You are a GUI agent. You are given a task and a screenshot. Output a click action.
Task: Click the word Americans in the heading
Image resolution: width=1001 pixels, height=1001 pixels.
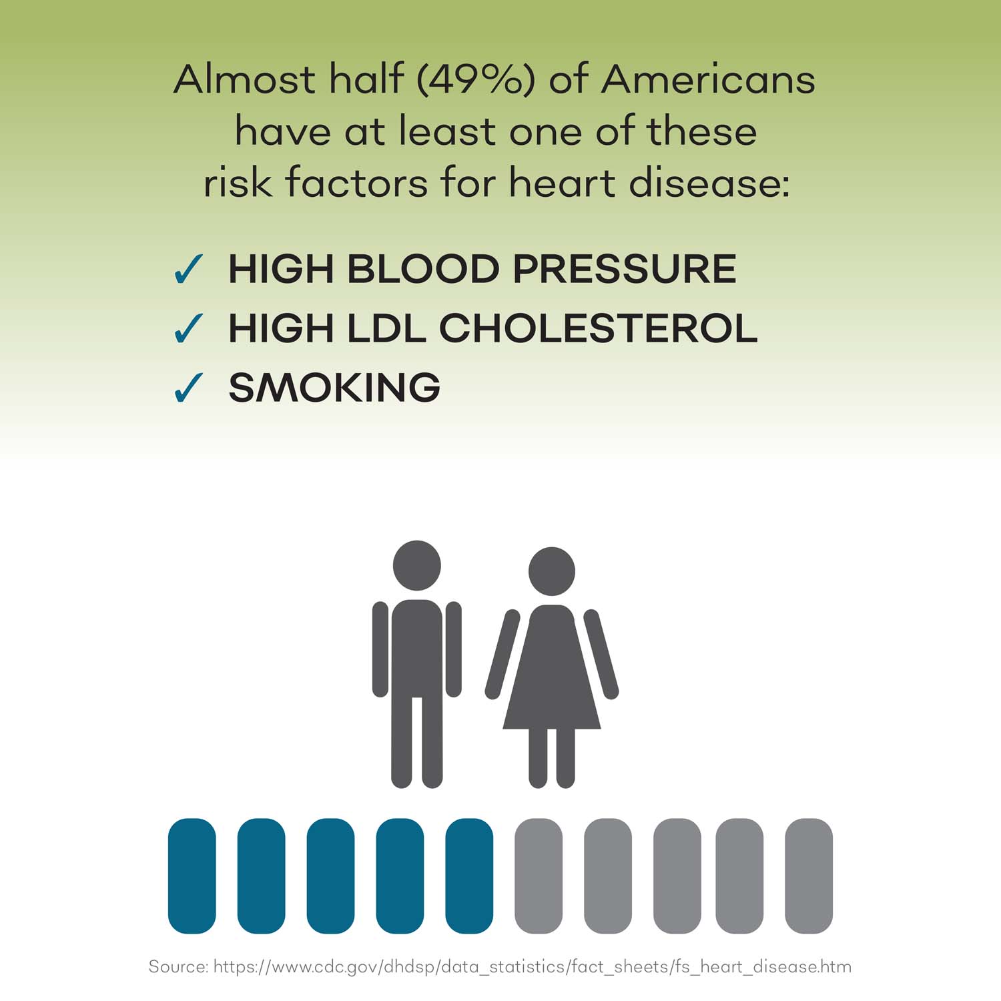coord(708,79)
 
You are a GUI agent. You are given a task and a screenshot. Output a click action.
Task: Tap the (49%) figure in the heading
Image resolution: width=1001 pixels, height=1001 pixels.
coord(476,80)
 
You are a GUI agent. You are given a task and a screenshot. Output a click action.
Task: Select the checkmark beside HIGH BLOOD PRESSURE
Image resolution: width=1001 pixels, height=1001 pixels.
coord(188,270)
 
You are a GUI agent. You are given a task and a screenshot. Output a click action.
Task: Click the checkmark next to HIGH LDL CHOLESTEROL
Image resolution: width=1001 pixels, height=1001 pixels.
coord(188,328)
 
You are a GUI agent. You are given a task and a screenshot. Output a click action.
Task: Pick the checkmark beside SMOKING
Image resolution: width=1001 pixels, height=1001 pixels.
coord(188,388)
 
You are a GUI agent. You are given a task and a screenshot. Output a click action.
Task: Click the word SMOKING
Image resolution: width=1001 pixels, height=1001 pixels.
coord(334,387)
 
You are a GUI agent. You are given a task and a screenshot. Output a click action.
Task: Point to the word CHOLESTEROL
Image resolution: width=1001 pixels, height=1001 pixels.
coord(598,328)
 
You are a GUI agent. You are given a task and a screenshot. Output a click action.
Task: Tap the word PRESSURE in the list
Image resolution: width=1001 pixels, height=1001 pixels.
coord(625,269)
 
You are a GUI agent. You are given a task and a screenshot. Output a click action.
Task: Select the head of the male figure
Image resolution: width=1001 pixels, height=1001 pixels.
coord(417,566)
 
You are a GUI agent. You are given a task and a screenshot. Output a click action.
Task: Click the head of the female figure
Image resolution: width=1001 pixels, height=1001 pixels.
coord(552,572)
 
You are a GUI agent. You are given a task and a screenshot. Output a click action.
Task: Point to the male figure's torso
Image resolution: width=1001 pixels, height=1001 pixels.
coord(417,647)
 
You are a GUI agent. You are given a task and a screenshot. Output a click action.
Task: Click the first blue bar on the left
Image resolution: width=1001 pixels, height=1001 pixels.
coord(192,876)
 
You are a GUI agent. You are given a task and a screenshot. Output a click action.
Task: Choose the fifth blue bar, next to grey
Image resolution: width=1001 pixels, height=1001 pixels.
coord(469,876)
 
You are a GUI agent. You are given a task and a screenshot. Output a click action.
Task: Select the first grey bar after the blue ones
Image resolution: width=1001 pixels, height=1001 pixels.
coord(539,876)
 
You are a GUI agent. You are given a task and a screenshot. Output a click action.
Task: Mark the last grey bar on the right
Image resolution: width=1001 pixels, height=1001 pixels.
coord(809,876)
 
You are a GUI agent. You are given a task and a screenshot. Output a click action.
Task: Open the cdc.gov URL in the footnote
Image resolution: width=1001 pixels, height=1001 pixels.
coord(533,967)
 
